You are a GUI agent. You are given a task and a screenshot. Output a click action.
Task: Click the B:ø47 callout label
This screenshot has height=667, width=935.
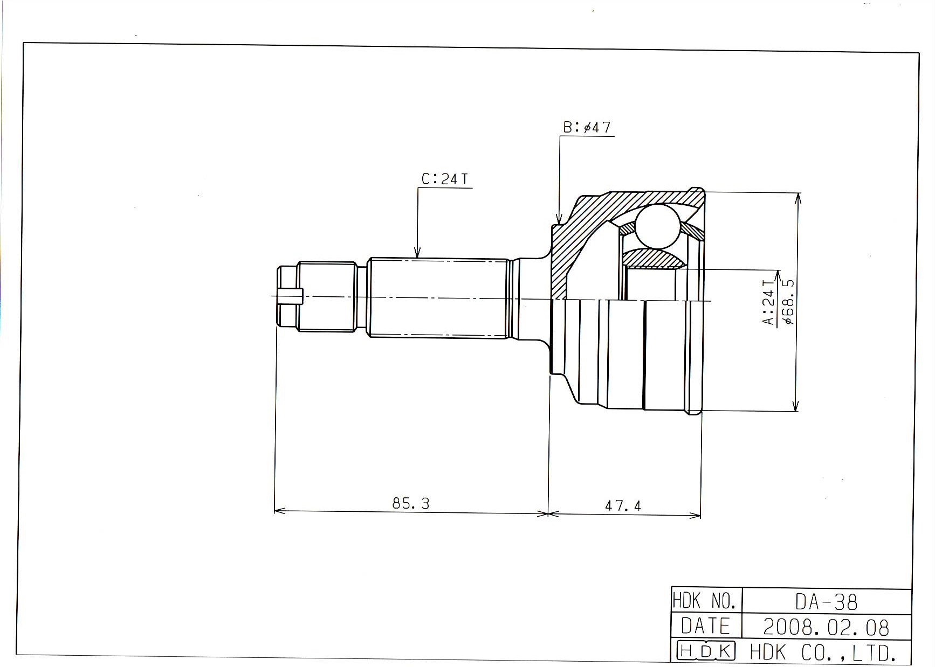click(x=587, y=128)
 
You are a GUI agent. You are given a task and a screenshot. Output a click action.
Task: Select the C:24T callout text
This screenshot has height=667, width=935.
click(x=445, y=179)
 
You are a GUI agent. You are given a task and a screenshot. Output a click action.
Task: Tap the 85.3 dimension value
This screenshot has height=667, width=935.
click(x=411, y=503)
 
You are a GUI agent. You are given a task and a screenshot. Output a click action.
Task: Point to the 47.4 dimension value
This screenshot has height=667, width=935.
click(x=623, y=505)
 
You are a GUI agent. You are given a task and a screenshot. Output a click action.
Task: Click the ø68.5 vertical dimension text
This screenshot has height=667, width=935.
click(x=788, y=302)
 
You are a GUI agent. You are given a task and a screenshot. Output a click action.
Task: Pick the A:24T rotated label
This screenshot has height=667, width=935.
click(x=768, y=302)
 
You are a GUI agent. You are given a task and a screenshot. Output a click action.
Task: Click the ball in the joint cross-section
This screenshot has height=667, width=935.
click(x=657, y=226)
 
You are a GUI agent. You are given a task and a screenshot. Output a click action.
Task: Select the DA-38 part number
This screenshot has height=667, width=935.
click(x=826, y=602)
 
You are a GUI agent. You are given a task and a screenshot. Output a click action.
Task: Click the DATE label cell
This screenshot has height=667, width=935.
click(x=705, y=626)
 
